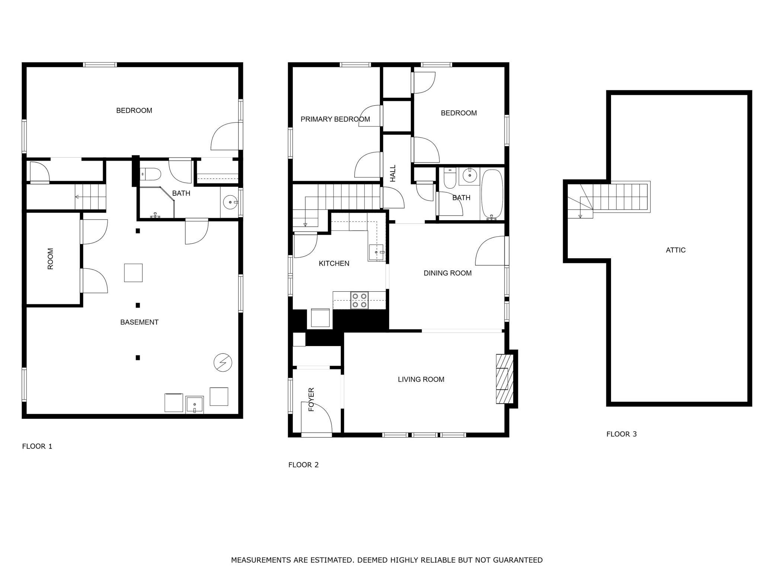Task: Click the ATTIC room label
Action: pos(675,250)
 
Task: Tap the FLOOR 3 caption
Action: pos(621,434)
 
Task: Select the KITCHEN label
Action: pos(334,263)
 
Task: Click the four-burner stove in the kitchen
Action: pos(359,300)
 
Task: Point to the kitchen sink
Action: pos(376,253)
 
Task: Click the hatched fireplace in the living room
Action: pos(504,379)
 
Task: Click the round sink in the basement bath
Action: pos(231,202)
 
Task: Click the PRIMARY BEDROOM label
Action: pos(335,119)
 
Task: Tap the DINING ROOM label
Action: pos(447,273)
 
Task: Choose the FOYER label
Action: pos(311,399)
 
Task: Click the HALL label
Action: pos(393,173)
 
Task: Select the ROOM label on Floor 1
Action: pos(50,259)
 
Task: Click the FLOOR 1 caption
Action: pos(37,446)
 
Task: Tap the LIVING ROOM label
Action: pos(421,379)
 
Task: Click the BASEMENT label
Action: pos(139,322)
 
